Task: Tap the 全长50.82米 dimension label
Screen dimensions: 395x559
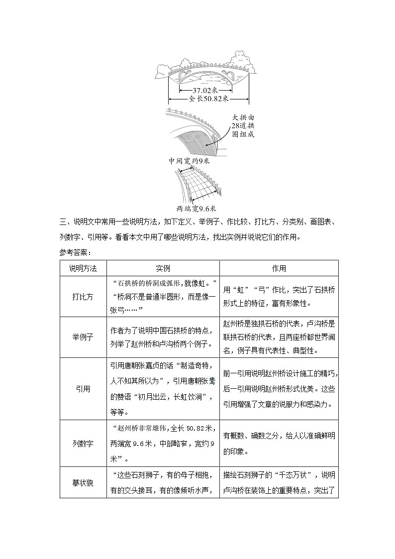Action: [x=208, y=99]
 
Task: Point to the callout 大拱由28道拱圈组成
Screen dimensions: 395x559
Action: [x=243, y=125]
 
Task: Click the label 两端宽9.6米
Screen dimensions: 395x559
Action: [x=197, y=209]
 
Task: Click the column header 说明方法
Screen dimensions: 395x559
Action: [x=83, y=268]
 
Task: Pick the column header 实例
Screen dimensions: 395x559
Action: [x=163, y=268]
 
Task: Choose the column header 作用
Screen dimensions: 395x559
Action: [x=279, y=268]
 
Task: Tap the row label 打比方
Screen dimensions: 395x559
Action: [x=83, y=297]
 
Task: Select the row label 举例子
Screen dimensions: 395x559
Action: [x=83, y=337]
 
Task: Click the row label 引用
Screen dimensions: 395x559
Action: [x=83, y=389]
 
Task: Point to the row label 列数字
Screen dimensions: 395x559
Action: [x=83, y=443]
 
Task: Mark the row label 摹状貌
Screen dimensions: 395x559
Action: [x=83, y=482]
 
